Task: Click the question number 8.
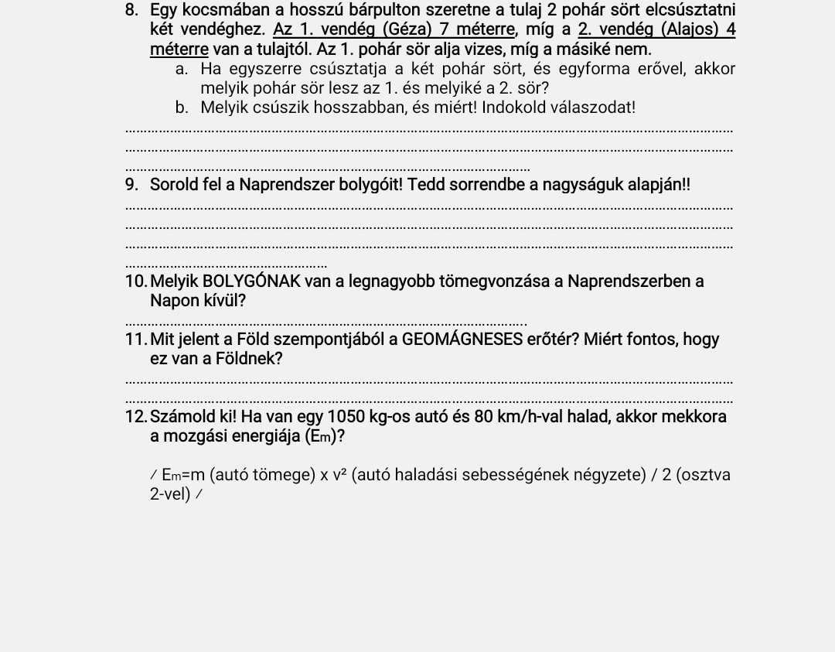(x=131, y=11)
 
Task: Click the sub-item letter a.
(x=181, y=69)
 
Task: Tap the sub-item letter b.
(x=181, y=108)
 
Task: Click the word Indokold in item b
(x=513, y=108)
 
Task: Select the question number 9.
(x=131, y=185)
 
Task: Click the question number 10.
(x=135, y=282)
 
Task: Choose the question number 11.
(x=135, y=340)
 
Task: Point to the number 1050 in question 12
(x=346, y=417)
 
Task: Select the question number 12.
(x=135, y=417)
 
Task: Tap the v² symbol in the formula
(x=339, y=474)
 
